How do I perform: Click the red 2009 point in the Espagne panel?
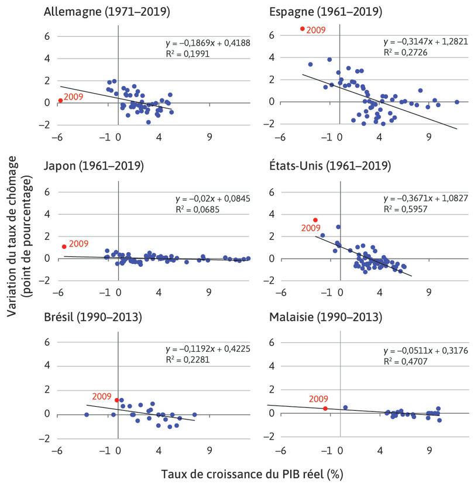pos(302,29)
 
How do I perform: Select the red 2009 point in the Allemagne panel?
pos(60,101)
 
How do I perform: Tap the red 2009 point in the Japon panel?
pos(64,246)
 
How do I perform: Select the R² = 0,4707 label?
pos(403,361)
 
